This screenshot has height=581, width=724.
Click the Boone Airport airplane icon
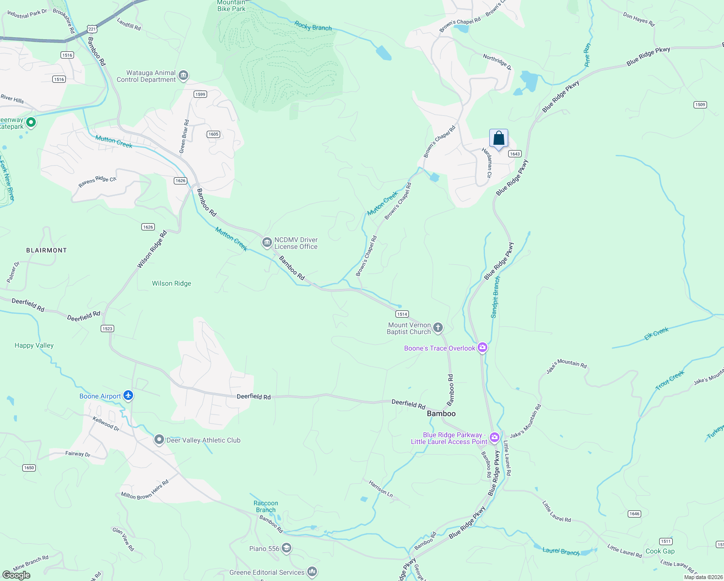pos(128,396)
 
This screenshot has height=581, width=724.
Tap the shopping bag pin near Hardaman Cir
pos(498,139)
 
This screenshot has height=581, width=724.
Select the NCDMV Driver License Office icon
pos(267,243)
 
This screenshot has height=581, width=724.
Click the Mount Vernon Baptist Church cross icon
pos(437,328)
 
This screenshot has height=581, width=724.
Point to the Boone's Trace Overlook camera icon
pos(482,348)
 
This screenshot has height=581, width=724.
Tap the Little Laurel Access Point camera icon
pos(494,438)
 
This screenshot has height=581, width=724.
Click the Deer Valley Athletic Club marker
pos(159,440)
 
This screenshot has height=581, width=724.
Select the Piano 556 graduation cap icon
pos(287,548)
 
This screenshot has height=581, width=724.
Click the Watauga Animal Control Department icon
pos(183,76)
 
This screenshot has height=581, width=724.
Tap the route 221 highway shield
pos(92,29)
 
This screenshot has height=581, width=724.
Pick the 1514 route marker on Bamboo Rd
pos(402,314)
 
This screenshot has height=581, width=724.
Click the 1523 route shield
pos(107,328)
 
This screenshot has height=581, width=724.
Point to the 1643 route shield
pos(514,154)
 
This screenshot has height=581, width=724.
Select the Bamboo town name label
pos(441,413)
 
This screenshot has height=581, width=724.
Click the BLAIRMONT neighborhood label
pos(46,250)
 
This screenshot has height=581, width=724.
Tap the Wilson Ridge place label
pos(171,283)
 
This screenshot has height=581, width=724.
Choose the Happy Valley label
pos(34,345)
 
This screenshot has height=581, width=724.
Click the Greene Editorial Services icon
pos(312,572)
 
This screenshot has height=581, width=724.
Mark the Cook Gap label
pos(660,551)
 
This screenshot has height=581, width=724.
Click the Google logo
pos(16,575)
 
